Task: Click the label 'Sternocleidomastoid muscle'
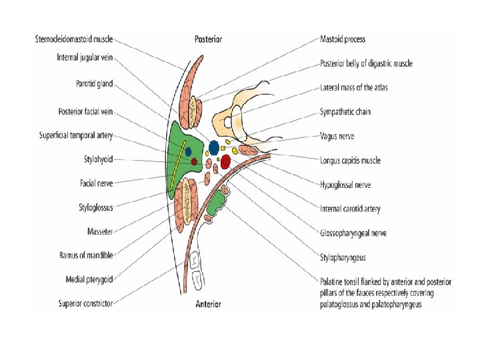coord(74,40)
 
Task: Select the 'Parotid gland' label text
coord(94,84)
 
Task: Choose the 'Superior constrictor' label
coord(86,303)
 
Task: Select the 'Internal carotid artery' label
coord(351,209)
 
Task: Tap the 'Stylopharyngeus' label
coord(343,257)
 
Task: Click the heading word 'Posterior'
coord(209,39)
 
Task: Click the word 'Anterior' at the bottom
coord(208,305)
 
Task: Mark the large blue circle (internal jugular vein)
coord(213,147)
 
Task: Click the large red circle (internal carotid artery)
coord(225,161)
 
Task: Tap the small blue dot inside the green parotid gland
coord(189,150)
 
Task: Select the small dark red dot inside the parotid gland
coord(194,161)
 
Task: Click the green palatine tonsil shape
coord(215,207)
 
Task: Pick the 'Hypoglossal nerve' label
coord(345,185)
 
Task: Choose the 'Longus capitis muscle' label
coord(350,160)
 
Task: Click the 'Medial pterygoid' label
coord(89,279)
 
